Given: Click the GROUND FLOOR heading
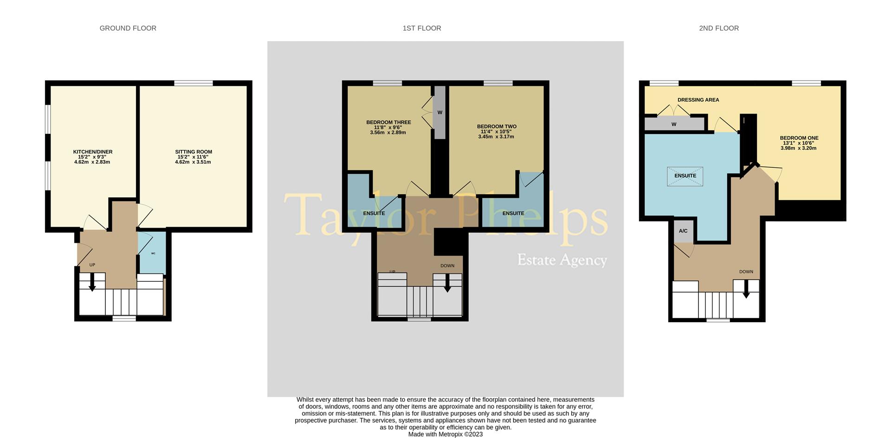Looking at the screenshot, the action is [x=128, y=28].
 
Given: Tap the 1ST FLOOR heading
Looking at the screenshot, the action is [x=422, y=28].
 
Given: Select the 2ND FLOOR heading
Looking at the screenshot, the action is [x=719, y=28].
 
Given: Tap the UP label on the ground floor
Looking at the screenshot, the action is [x=92, y=265].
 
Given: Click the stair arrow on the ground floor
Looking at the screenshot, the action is [x=92, y=282].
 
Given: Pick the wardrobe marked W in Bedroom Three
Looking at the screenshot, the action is [x=439, y=112].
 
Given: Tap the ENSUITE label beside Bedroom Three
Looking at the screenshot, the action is [x=374, y=214].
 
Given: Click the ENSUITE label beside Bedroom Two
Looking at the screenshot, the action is [x=513, y=214].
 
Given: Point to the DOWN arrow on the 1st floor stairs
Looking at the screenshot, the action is [x=447, y=283].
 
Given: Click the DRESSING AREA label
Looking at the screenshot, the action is [x=698, y=100].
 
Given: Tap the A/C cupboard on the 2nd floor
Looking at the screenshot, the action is [x=683, y=231].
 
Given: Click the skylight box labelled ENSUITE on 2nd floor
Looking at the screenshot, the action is [x=685, y=176].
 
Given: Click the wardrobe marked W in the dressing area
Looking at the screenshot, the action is [x=674, y=124].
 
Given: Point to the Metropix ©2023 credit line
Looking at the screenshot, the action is [x=445, y=434].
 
